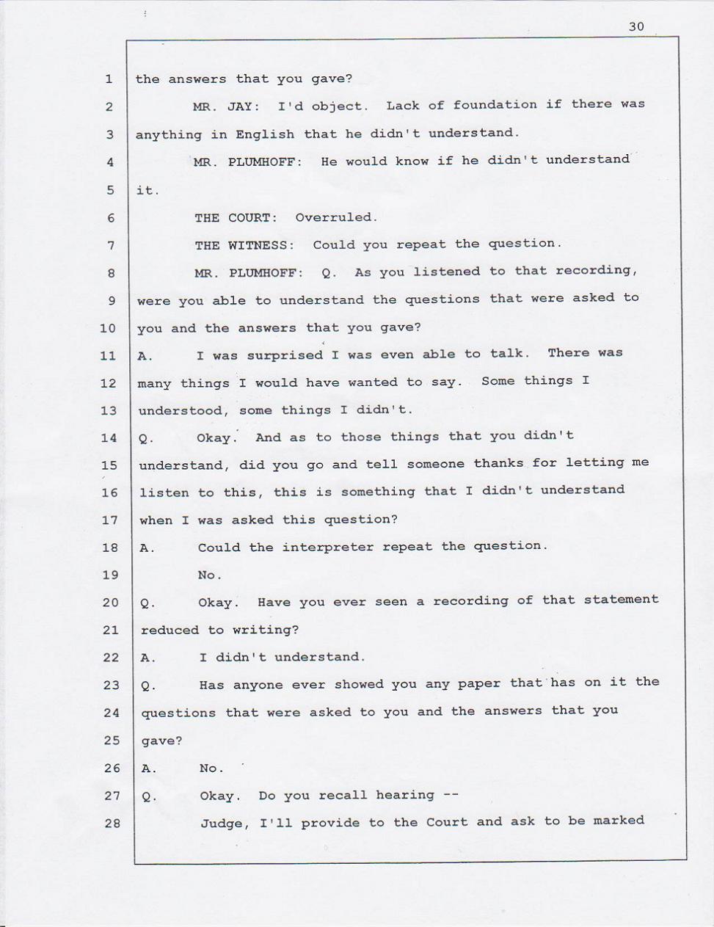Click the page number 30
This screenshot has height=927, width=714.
click(x=636, y=26)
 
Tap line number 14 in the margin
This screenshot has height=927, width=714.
click(x=109, y=438)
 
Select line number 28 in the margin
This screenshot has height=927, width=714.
click(x=112, y=824)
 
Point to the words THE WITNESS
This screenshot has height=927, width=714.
click(x=244, y=245)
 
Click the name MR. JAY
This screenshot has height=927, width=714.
click(x=226, y=106)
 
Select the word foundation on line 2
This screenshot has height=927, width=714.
click(x=495, y=105)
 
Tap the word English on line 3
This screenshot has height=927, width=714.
click(x=265, y=134)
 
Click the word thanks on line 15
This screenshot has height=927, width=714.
click(x=498, y=463)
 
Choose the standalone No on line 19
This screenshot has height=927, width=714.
click(x=209, y=575)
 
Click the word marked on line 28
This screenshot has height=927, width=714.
click(x=619, y=821)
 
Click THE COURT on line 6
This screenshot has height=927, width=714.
click(x=236, y=218)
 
